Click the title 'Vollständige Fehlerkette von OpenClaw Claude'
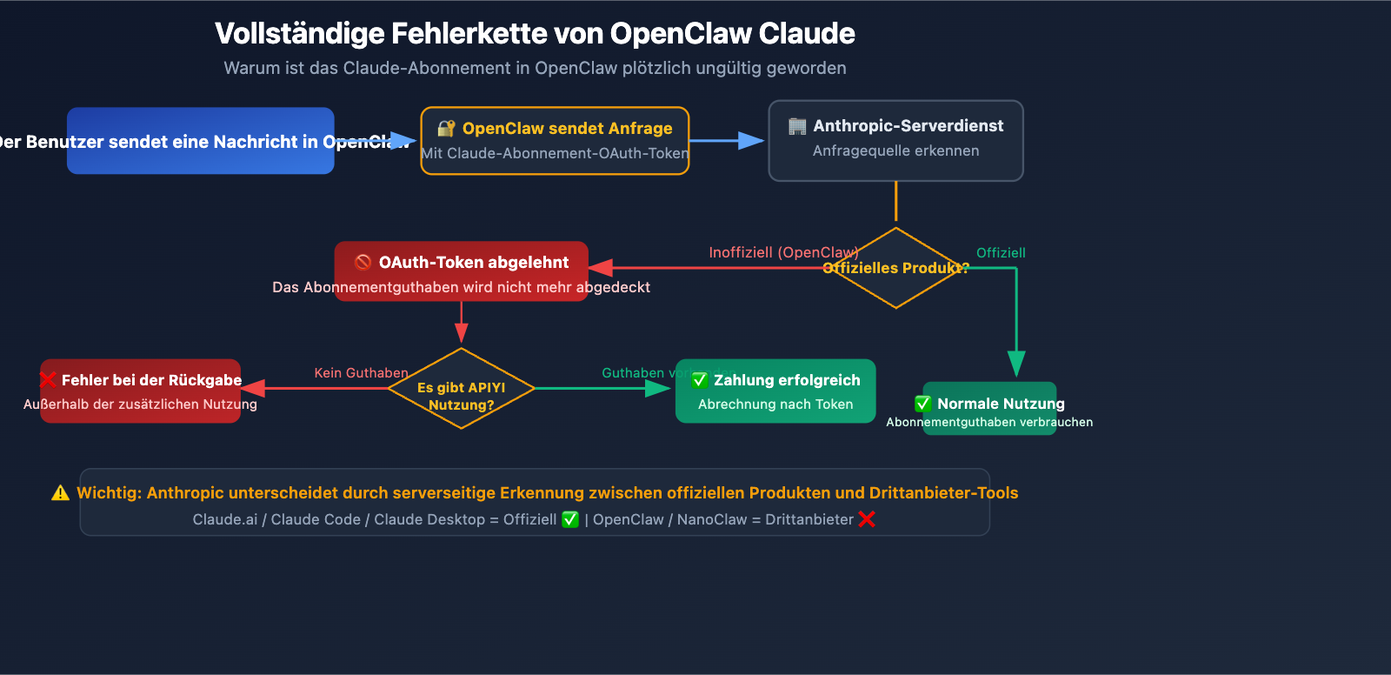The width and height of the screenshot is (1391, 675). click(x=535, y=33)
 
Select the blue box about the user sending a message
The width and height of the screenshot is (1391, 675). click(x=200, y=141)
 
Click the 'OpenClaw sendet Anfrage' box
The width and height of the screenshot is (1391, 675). click(x=555, y=141)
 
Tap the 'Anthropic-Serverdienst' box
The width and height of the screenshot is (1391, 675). click(x=895, y=141)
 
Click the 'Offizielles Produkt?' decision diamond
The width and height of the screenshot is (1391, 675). click(x=895, y=268)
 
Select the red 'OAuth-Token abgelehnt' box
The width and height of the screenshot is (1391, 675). click(x=462, y=271)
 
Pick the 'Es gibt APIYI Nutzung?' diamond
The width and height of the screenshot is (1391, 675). click(x=461, y=389)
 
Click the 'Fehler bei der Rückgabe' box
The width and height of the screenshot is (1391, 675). click(x=141, y=391)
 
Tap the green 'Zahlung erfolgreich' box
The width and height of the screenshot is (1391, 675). click(x=775, y=391)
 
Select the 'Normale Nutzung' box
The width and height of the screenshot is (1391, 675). click(x=989, y=409)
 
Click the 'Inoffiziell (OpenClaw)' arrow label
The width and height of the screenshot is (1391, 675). click(x=783, y=252)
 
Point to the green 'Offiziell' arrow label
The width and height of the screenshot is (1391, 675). click(x=1001, y=252)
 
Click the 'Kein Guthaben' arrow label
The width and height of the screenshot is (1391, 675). click(x=361, y=372)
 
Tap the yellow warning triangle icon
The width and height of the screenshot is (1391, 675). click(x=60, y=493)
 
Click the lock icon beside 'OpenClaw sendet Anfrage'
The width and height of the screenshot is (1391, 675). click(x=446, y=129)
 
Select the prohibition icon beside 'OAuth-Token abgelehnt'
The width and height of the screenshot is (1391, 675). click(x=363, y=262)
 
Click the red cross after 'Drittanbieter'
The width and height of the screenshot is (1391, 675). click(x=867, y=519)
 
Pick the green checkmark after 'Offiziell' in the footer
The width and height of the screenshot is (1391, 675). click(x=570, y=519)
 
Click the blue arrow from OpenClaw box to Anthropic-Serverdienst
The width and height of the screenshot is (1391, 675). click(x=726, y=140)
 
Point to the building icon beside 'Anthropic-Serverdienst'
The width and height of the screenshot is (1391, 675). click(x=796, y=126)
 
